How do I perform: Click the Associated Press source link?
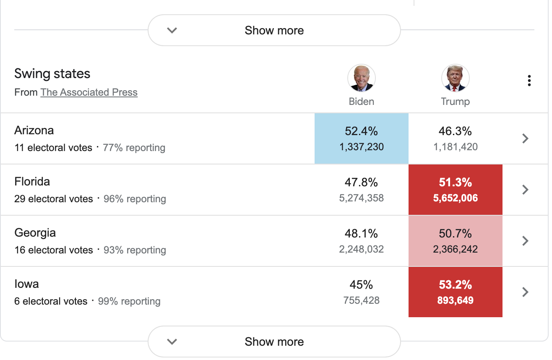pyautogui.click(x=89, y=92)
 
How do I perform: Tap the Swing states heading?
pyautogui.click(x=52, y=74)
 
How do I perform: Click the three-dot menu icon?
pyautogui.click(x=529, y=81)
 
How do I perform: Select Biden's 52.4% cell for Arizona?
pyautogui.click(x=361, y=138)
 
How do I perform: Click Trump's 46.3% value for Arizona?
pyautogui.click(x=455, y=131)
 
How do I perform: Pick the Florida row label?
pyautogui.click(x=32, y=182)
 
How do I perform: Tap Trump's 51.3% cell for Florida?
pyautogui.click(x=455, y=190)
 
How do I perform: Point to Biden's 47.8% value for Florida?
pyautogui.click(x=361, y=183)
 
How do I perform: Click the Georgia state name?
pyautogui.click(x=35, y=233)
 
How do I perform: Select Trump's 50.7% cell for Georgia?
pyautogui.click(x=455, y=241)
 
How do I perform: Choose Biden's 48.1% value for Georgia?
pyautogui.click(x=361, y=234)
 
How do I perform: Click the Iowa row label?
pyautogui.click(x=26, y=284)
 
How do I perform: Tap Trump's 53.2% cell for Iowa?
pyautogui.click(x=455, y=292)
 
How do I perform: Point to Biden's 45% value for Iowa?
pyautogui.click(x=361, y=285)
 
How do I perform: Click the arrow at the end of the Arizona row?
pyautogui.click(x=525, y=138)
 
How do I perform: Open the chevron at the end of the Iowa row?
pyautogui.click(x=525, y=292)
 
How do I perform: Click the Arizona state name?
pyautogui.click(x=34, y=130)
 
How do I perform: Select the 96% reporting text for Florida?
pyautogui.click(x=135, y=199)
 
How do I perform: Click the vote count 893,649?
pyautogui.click(x=455, y=300)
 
